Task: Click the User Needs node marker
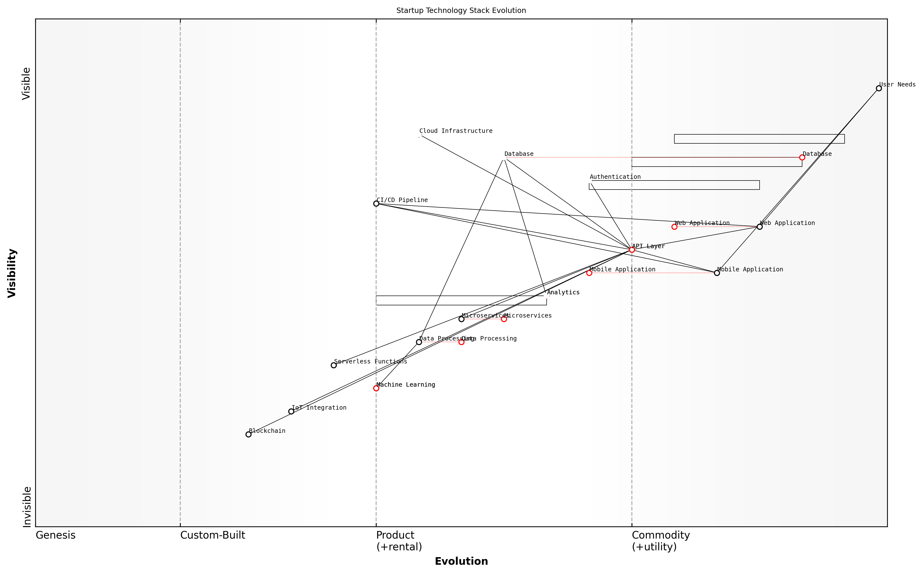[879, 88]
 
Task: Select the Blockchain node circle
[249, 434]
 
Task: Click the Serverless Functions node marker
[334, 365]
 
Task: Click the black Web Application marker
[759, 227]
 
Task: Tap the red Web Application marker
[674, 227]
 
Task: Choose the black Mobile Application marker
[717, 273]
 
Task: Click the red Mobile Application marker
[589, 273]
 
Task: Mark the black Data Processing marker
[419, 342]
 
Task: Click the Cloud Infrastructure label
[456, 131]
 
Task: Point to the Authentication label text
[615, 177]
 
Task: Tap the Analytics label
[563, 292]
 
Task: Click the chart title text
[461, 11]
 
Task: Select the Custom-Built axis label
[212, 535]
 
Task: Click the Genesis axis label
[55, 535]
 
